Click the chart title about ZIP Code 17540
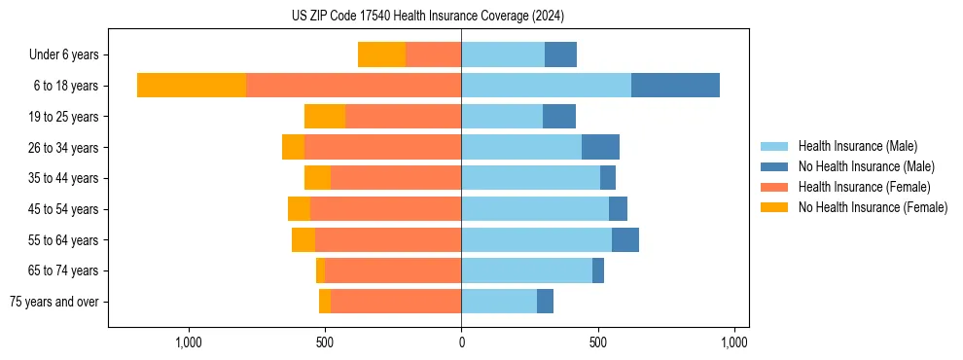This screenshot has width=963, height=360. (428, 16)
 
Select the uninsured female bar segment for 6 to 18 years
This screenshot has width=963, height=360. (192, 86)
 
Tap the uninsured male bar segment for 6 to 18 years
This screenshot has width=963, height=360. (675, 86)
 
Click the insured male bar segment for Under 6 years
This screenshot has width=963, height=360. (503, 54)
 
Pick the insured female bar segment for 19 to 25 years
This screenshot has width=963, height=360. (403, 117)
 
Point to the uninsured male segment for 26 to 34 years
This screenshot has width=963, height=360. (600, 147)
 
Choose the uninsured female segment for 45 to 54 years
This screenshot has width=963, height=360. (299, 209)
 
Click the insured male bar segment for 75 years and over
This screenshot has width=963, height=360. (499, 302)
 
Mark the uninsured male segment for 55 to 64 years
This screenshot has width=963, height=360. (625, 239)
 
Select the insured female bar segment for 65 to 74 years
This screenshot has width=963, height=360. (393, 270)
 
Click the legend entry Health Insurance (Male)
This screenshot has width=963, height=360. (857, 146)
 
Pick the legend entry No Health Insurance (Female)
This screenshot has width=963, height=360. (873, 207)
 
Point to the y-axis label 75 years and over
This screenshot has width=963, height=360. (54, 302)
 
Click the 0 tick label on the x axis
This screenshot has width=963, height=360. (461, 342)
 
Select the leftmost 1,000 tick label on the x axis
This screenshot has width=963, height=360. (188, 342)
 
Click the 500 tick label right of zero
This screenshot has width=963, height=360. (598, 342)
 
